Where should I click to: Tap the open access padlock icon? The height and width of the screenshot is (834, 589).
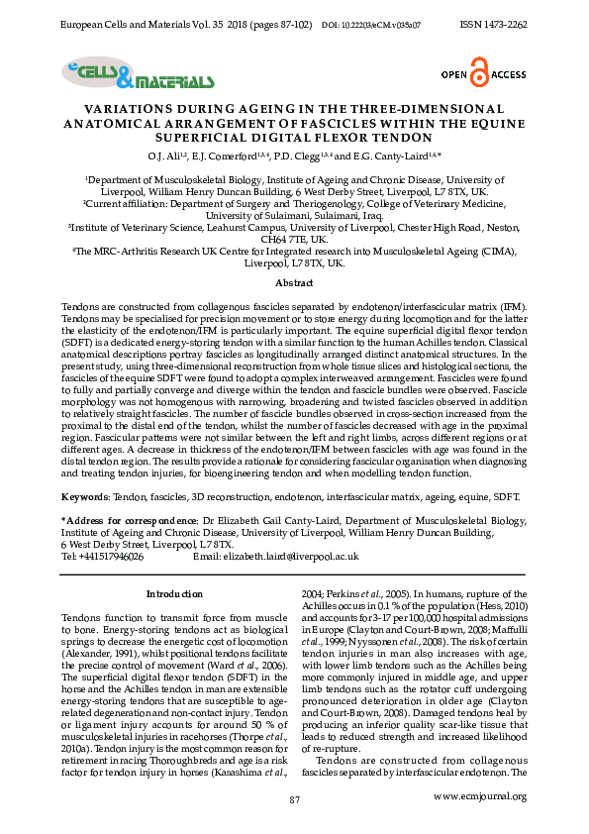(x=480, y=74)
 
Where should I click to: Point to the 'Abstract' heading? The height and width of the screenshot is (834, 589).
(x=294, y=282)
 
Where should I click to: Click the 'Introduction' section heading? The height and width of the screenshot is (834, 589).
(x=174, y=593)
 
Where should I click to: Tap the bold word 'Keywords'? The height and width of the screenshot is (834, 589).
(x=84, y=493)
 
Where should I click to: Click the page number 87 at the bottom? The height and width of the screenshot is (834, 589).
(x=294, y=798)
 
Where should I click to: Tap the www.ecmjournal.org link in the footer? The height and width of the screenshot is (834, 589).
(x=479, y=795)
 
